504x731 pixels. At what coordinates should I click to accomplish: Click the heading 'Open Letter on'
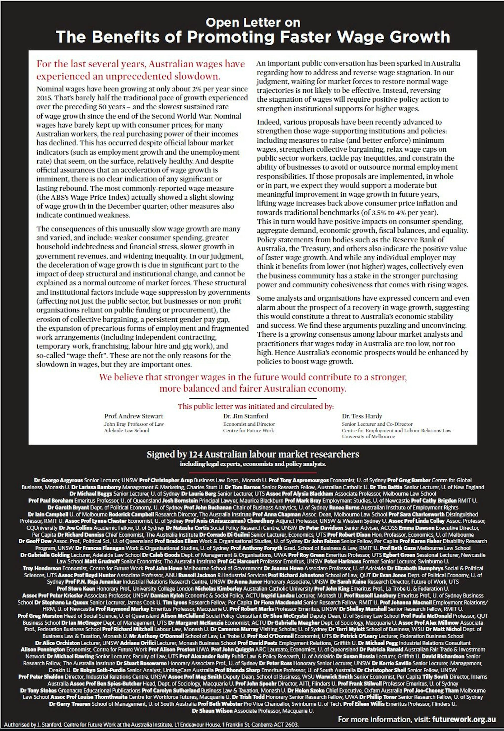pos(253,22)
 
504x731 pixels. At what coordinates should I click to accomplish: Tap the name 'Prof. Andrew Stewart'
pos(134,416)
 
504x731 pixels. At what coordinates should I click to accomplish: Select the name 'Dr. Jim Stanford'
pos(245,416)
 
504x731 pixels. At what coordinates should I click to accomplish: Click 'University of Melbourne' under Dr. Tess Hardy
pos(368,436)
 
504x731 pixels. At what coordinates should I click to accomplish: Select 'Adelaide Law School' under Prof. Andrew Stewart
pos(126,430)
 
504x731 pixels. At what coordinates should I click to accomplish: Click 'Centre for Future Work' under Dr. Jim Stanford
pos(248,430)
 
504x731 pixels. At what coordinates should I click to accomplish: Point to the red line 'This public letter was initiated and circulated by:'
pos(255,406)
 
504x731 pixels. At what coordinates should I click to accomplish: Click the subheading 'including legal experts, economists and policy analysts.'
pos(253,464)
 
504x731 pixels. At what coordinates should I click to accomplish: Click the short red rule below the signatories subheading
pos(253,473)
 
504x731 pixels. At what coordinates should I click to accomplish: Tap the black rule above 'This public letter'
pos(253,399)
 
